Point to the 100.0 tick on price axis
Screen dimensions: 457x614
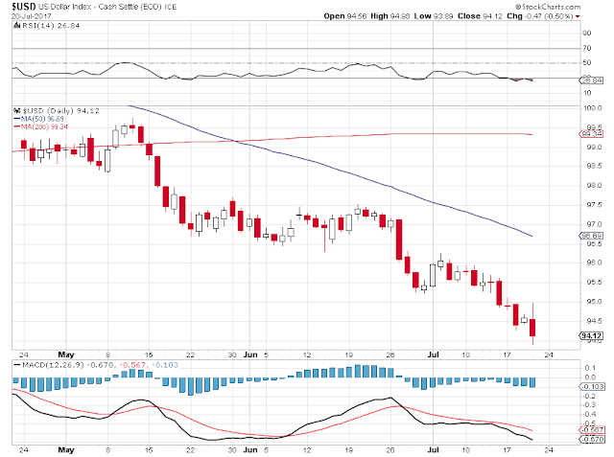(593, 107)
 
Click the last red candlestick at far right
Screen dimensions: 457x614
(533, 328)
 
